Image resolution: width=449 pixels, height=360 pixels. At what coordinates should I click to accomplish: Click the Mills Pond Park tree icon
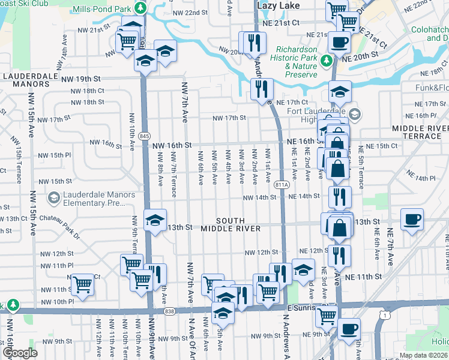[140, 8]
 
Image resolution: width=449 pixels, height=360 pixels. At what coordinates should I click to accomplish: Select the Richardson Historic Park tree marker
[327, 61]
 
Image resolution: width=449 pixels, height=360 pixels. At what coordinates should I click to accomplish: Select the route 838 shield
[169, 311]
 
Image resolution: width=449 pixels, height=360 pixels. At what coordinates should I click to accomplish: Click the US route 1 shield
[384, 314]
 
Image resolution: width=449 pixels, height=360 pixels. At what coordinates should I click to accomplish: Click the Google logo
[19, 353]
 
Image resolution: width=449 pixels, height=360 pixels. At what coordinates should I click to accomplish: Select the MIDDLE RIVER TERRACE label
[420, 132]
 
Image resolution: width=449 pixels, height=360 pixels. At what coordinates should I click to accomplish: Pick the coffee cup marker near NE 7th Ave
[412, 220]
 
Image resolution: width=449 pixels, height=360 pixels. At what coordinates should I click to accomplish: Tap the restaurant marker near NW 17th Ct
[262, 89]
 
